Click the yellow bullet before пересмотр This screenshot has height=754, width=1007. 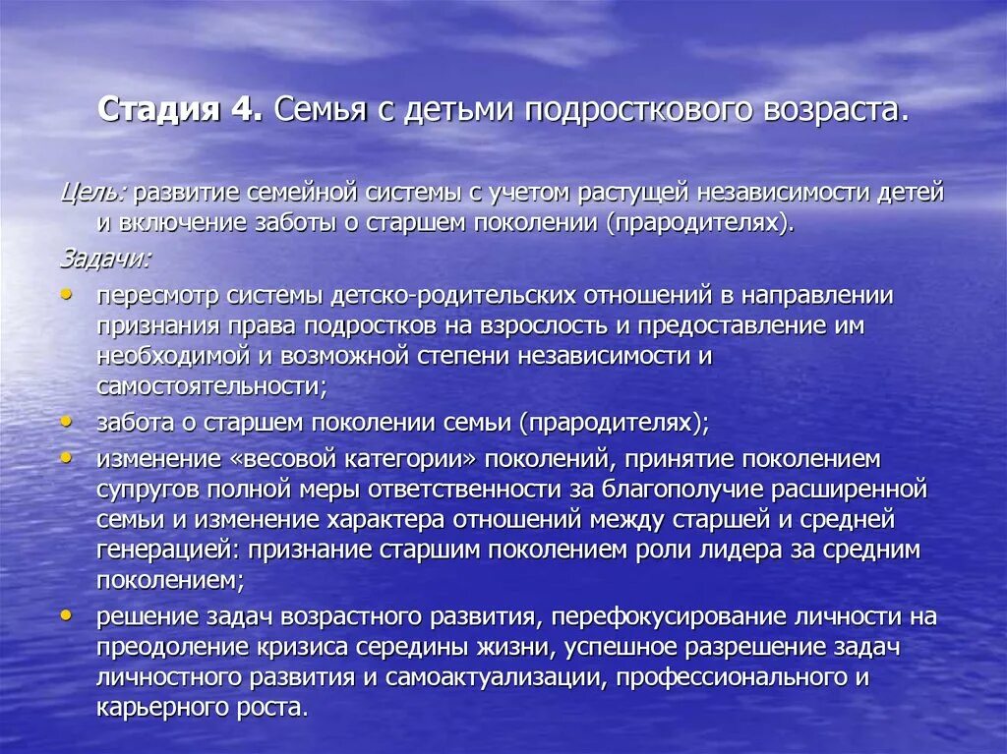pos(66,293)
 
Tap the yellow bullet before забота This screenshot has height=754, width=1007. pos(66,420)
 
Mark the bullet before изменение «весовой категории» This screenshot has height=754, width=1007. pos(66,456)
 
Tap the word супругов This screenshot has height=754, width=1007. pos(145,489)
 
